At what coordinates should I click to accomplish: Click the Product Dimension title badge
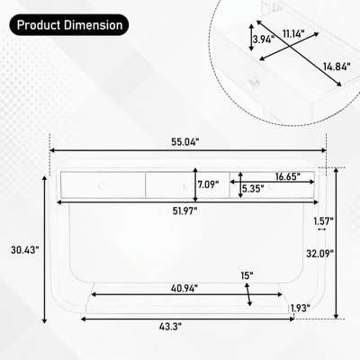point(69,25)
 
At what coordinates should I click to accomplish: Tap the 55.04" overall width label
point(185,142)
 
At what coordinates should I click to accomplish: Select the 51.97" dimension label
point(184,211)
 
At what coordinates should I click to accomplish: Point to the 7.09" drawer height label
point(208,184)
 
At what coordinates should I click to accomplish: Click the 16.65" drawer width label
point(288,176)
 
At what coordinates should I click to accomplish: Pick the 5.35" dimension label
point(253,189)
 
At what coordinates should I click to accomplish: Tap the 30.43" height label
point(25,250)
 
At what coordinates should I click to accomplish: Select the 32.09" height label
point(319,254)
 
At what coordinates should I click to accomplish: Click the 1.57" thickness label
point(324,221)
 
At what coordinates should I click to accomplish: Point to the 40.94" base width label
point(184,288)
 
